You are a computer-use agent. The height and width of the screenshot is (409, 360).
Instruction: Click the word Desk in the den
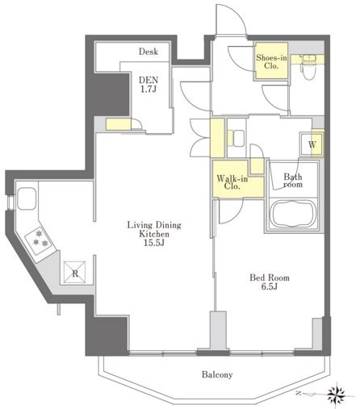pos(149,52)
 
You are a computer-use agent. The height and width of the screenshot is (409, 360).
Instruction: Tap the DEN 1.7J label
pos(149,84)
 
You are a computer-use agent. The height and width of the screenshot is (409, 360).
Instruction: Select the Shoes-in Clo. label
pos(271,61)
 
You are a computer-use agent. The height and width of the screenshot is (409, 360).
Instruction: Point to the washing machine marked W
pos(312,144)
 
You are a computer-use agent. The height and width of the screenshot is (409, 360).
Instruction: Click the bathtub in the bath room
pos(293,215)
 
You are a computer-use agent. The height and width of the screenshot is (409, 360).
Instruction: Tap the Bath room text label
pos(293,181)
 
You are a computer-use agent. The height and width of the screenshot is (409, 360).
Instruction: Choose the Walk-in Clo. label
pos(232,182)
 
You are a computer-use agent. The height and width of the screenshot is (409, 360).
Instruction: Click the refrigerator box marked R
pos(75,272)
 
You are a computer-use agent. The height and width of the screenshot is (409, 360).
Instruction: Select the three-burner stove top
pos(40,240)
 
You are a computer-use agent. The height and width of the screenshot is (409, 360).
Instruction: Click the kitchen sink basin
pos(27,198)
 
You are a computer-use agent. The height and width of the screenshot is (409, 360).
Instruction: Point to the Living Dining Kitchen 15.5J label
pos(154,234)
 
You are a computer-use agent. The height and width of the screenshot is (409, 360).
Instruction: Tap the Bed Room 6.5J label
pos(270,282)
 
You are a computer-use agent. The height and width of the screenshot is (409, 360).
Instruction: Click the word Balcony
pos(217,374)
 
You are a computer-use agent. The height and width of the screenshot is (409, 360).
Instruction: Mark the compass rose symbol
pos(337,394)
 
